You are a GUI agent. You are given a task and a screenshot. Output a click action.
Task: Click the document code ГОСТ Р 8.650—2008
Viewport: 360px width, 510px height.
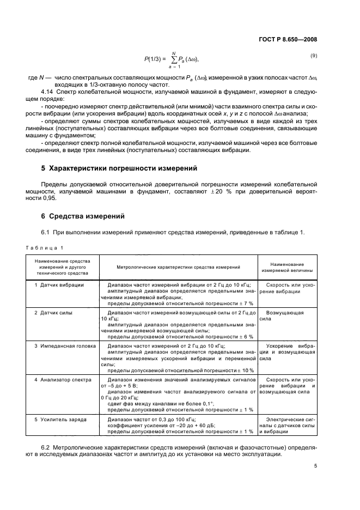(288, 39)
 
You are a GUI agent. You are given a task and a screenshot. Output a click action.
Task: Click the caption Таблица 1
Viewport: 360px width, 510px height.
(45, 248)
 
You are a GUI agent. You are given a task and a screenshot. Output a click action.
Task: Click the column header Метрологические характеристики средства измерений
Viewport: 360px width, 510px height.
(178, 267)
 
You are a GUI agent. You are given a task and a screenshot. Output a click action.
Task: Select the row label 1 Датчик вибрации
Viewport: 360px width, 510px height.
(59, 285)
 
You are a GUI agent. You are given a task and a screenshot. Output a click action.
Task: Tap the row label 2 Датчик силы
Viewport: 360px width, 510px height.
(53, 313)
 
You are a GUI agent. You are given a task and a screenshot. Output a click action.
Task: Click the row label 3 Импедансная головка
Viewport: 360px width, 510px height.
(65, 345)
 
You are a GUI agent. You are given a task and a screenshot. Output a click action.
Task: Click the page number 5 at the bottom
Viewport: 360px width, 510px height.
(315, 466)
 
